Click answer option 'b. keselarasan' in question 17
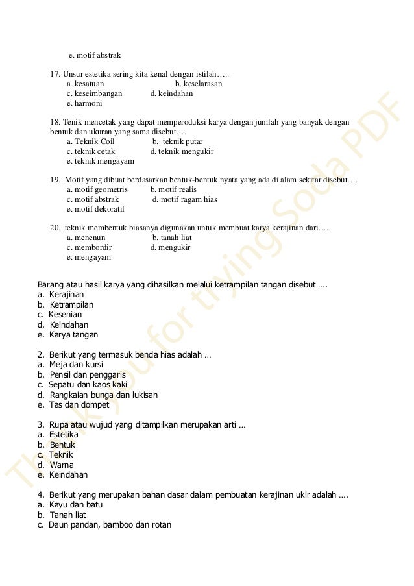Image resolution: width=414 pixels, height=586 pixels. point(199,84)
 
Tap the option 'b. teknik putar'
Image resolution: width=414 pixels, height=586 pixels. point(177,141)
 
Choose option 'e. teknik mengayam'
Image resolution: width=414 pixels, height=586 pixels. point(100,161)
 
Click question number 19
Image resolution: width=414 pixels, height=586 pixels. point(56,179)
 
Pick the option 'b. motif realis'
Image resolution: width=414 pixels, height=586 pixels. point(173,189)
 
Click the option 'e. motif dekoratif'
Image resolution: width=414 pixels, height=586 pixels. point(95,209)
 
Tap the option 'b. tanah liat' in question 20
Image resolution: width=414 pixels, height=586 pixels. point(171,238)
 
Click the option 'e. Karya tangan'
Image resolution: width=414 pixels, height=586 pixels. point(68,335)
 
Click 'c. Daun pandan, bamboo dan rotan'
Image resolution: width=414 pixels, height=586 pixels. point(104,524)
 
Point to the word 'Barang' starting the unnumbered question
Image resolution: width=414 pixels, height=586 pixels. point(51,284)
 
